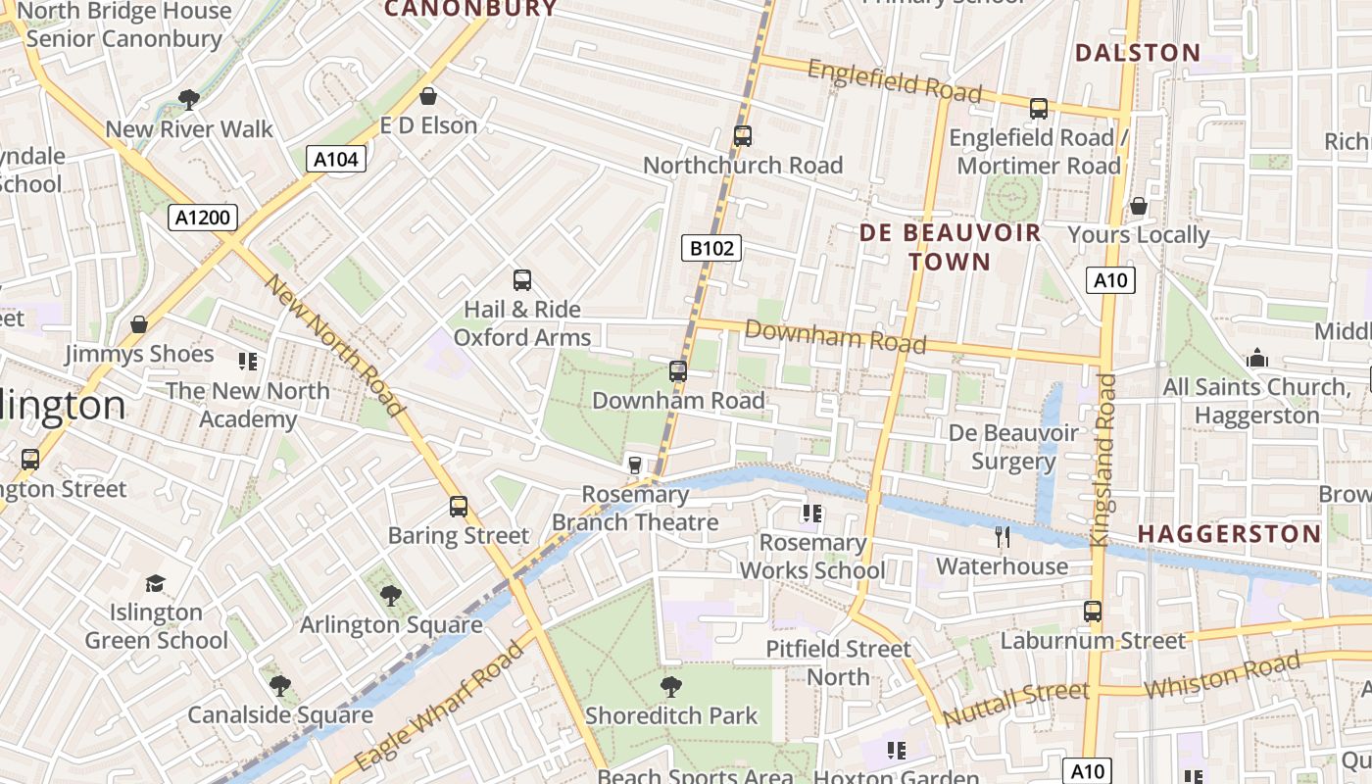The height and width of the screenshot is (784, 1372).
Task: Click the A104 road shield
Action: tap(337, 159)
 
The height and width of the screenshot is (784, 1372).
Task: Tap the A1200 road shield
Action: tap(203, 218)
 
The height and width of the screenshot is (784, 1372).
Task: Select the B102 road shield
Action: tap(711, 248)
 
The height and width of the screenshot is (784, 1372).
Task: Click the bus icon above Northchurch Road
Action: tap(743, 136)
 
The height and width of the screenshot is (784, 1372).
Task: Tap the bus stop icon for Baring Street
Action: tap(459, 507)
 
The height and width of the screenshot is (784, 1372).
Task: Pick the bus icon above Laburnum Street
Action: tap(1093, 612)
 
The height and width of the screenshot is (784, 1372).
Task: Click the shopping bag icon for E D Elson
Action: tap(428, 96)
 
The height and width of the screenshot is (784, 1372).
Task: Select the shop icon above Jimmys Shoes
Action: tap(139, 324)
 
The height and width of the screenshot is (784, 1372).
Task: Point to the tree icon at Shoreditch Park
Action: tap(671, 686)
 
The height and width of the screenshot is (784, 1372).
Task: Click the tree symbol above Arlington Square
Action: tap(391, 595)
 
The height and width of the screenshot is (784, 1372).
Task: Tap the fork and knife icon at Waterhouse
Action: tap(1002, 536)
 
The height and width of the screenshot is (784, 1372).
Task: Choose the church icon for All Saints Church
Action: tap(1257, 359)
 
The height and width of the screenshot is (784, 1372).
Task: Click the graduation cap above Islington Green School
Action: tap(155, 584)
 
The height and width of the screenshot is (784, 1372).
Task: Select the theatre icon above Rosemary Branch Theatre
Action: tap(635, 465)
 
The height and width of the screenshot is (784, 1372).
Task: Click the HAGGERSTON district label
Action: tap(1229, 534)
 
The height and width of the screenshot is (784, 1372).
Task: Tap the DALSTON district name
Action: tap(1138, 53)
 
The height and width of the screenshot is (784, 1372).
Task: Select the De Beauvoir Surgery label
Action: tap(1013, 447)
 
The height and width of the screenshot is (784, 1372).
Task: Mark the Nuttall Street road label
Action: tap(1015, 703)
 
